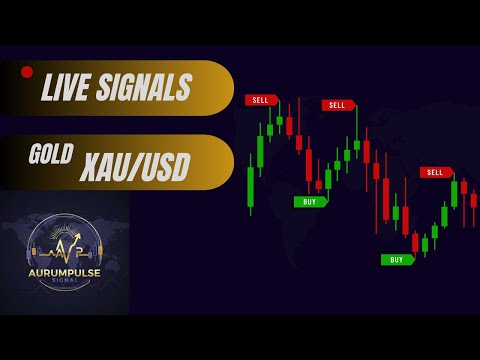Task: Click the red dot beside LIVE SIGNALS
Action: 27,72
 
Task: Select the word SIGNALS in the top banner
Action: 149,88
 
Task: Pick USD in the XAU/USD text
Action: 164,168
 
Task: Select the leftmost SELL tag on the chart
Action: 261,100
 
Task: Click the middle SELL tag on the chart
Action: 338,105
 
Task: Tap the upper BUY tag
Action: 309,201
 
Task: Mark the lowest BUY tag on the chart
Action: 396,259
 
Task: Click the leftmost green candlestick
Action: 250,186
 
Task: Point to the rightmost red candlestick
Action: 473,199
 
